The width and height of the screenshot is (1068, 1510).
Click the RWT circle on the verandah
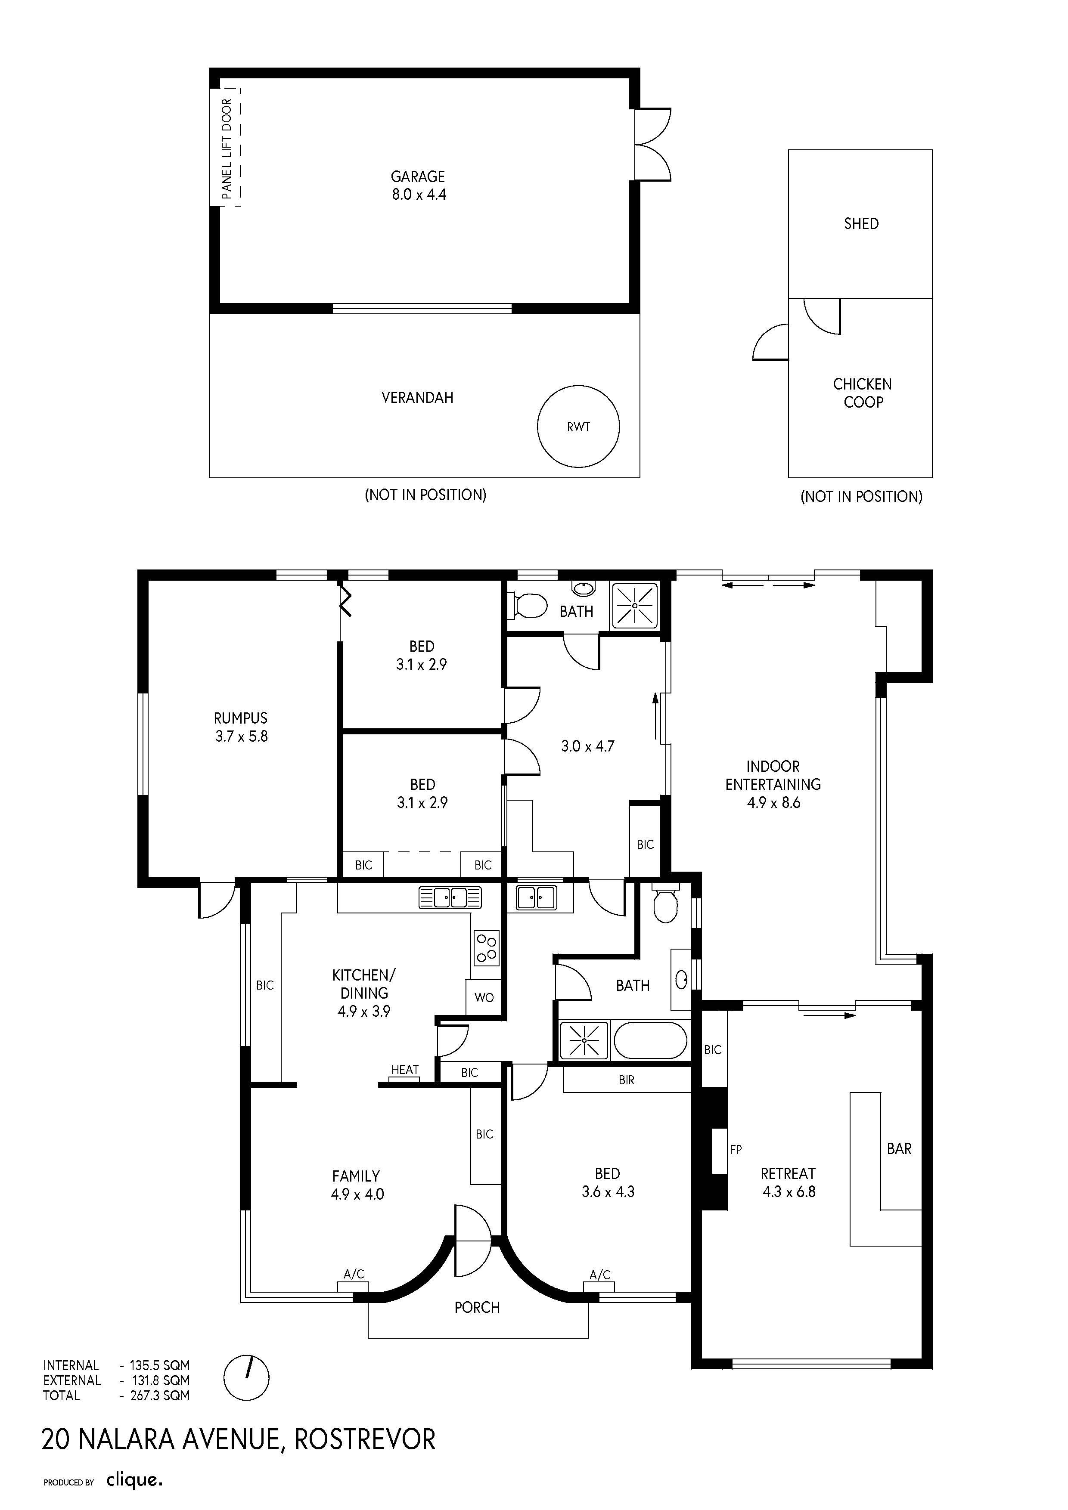578,387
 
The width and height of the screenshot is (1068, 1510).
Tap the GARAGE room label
418,176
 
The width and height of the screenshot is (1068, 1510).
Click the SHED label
861,223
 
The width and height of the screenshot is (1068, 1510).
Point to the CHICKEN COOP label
862,393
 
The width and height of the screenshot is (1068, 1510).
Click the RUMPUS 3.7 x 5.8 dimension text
242,736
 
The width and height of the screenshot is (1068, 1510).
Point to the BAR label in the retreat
899,1149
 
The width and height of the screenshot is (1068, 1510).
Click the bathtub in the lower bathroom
650,1040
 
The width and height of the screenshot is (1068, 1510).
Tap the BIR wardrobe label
627,1080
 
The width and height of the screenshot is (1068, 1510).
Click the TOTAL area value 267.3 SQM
160,1396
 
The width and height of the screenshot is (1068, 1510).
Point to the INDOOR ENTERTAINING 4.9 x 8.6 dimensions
774,802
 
